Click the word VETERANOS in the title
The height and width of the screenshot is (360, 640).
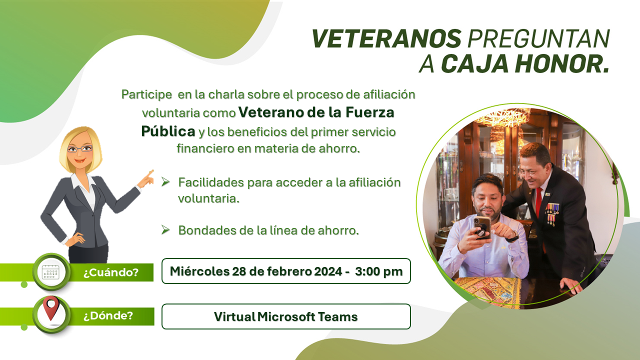pos(386,38)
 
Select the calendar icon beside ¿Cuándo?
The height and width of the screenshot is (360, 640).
pos(50,272)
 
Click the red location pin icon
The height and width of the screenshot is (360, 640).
pos(51,308)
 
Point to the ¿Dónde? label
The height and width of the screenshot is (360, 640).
pos(108,315)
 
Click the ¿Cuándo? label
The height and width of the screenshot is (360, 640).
pos(111,272)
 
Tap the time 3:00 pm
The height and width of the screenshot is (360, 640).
pos(379,271)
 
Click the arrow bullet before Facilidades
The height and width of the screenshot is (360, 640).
pos(165,181)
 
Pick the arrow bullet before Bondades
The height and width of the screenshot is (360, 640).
pos(165,229)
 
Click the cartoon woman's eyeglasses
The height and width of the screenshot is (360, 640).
pos(79,148)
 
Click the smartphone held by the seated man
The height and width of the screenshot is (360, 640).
pos(482,227)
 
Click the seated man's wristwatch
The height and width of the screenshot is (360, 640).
pos(514,236)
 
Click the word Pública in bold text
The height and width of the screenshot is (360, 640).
pos(168,131)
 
